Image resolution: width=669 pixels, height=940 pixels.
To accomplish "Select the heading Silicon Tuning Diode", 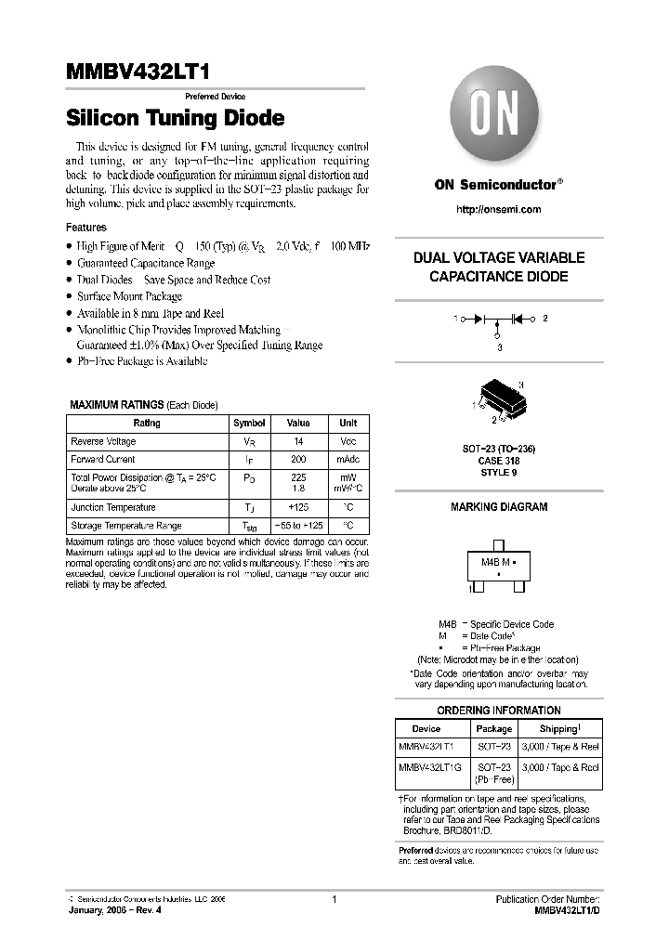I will click(x=175, y=119).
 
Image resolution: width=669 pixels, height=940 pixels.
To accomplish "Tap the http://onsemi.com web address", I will click(x=499, y=210).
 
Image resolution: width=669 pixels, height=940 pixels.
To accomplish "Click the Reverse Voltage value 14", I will click(x=297, y=441).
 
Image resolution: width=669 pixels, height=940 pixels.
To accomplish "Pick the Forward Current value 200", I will click(x=297, y=459).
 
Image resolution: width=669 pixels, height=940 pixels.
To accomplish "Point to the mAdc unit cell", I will click(x=348, y=459).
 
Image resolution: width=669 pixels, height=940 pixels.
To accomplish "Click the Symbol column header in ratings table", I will click(x=249, y=423).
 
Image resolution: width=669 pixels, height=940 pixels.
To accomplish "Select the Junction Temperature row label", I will click(x=112, y=507).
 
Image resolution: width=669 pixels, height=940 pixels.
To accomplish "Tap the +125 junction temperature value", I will click(x=297, y=507).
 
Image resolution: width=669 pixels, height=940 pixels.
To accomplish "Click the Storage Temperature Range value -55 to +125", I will click(x=297, y=526).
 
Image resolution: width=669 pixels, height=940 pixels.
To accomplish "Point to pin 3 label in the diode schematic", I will click(x=499, y=347).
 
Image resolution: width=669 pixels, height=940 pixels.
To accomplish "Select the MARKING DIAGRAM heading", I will click(x=499, y=507).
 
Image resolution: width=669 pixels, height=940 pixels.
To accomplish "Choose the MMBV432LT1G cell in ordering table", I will click(x=429, y=767).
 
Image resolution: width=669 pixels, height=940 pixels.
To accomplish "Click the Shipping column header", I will click(x=558, y=729).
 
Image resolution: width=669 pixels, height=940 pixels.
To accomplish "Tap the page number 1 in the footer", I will click(x=334, y=899).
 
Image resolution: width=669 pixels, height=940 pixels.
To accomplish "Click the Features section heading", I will click(x=86, y=228).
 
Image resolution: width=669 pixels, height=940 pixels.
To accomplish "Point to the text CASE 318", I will click(x=499, y=461).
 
